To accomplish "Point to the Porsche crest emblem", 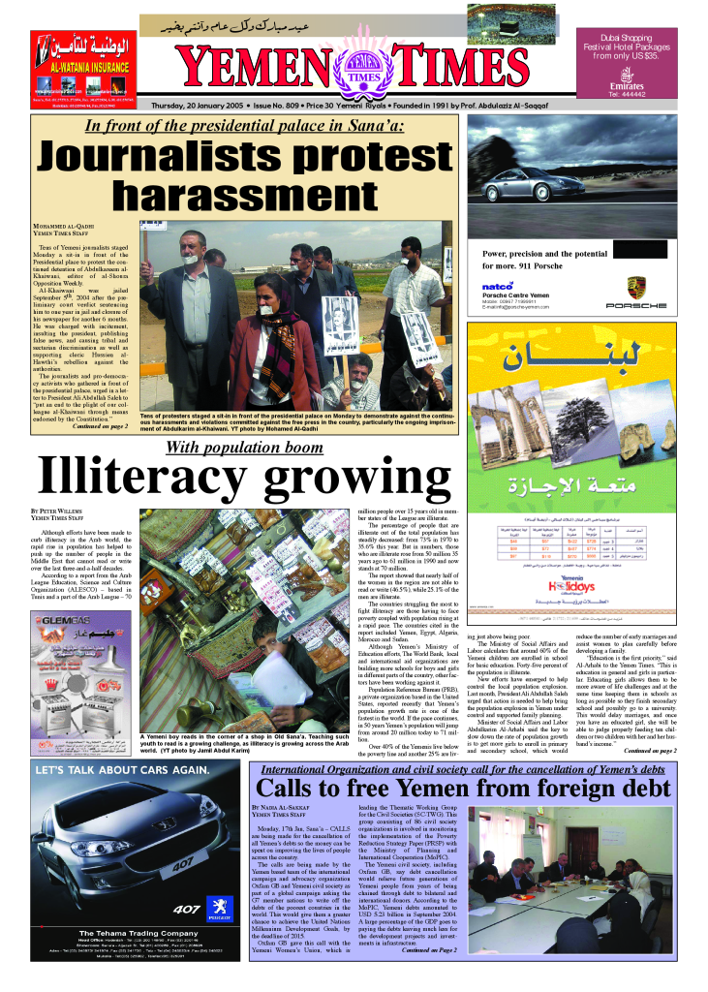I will tap(635, 288).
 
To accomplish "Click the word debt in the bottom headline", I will tap(633, 789).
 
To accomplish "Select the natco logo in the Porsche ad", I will tap(497, 286).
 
